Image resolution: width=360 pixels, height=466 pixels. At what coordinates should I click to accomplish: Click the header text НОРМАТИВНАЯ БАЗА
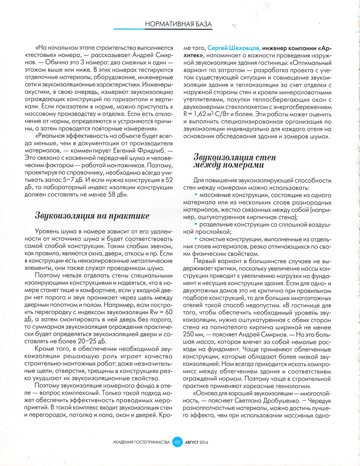pos(178,24)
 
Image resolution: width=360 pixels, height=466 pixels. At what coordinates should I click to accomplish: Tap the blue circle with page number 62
pos(177,442)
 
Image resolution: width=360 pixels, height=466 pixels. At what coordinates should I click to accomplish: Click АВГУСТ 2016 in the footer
pos(197,442)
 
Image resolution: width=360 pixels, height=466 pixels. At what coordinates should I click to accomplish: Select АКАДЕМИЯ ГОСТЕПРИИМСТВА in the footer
pos(141,442)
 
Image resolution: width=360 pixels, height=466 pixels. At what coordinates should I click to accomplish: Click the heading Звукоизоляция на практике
pos(92,216)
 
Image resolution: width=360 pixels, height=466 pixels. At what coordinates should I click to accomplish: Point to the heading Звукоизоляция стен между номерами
pos(235,161)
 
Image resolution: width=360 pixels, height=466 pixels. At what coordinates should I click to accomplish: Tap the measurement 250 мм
pos(192,335)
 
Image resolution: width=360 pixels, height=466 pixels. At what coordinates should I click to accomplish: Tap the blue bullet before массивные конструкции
pos(196,195)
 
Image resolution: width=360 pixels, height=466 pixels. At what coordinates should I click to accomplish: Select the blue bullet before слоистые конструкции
pos(196,239)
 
